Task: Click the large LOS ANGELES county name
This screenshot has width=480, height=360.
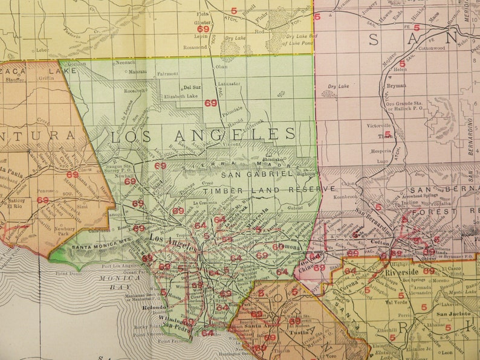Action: (203, 134)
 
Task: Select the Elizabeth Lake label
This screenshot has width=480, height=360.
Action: (180, 96)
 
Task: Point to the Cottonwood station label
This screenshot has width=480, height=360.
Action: (431, 47)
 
